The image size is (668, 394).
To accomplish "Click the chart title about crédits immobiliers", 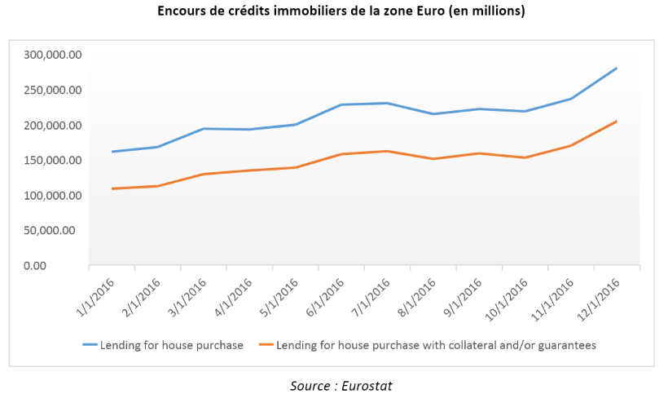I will coord(334,11).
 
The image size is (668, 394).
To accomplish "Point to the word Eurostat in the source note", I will coord(367,384).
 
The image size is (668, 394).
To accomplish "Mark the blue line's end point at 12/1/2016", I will coord(617,69).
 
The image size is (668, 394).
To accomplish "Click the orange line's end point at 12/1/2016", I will coord(617,122).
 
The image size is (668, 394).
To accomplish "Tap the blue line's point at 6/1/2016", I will coord(341,104).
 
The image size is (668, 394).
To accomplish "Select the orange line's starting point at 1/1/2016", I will coord(112,188).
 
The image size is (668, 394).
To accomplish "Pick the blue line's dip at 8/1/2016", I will coord(433,114).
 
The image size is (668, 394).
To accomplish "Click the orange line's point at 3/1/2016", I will coord(203,174).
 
